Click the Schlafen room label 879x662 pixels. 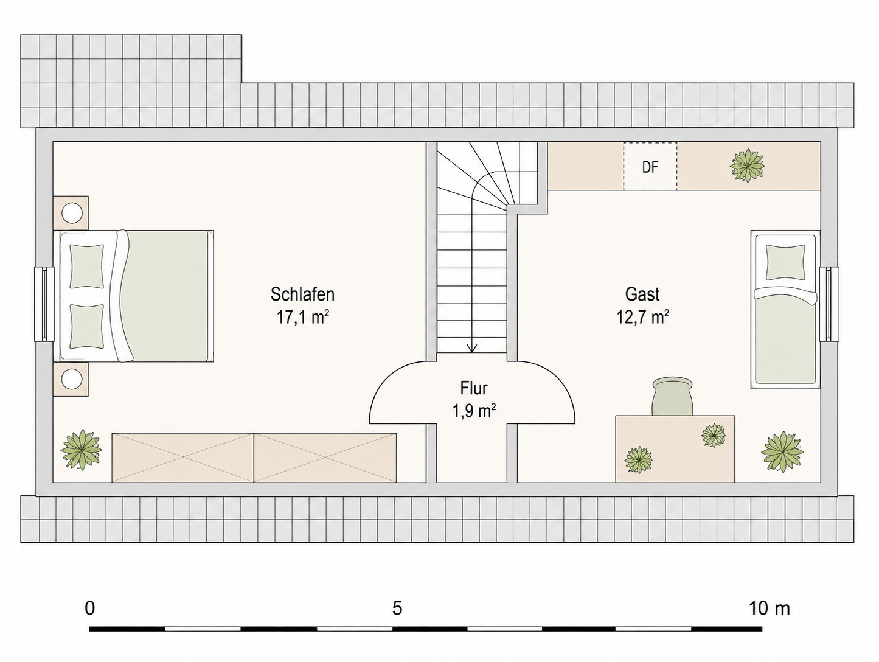click(x=302, y=294)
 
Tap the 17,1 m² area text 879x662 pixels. click(x=303, y=318)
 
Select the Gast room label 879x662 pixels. click(x=642, y=294)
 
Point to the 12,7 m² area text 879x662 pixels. click(x=642, y=318)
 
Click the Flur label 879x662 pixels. click(x=474, y=388)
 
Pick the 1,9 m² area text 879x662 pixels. click(x=474, y=411)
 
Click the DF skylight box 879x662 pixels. click(x=650, y=166)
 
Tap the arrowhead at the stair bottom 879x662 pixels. click(x=473, y=349)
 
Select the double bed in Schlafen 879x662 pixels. click(x=136, y=296)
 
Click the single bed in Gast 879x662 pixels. click(x=785, y=309)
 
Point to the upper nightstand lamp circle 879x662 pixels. click(x=72, y=213)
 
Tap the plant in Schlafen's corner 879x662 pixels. click(x=82, y=450)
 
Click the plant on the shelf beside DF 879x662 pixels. click(x=747, y=165)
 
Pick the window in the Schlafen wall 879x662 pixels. click(x=44, y=304)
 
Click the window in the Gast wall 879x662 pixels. click(x=829, y=304)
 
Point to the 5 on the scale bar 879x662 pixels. click(x=397, y=608)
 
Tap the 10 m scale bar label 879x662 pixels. click(x=770, y=608)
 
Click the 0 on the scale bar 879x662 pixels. click(x=90, y=608)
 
